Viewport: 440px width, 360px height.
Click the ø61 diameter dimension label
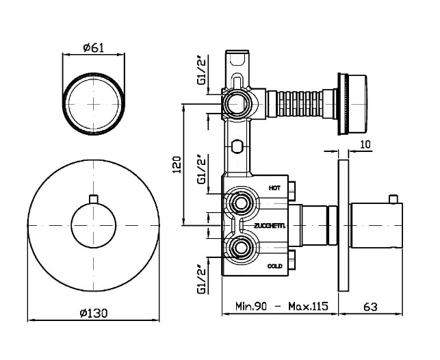[94, 48]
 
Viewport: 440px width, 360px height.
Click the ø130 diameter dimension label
[94, 313]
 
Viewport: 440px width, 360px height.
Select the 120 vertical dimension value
[177, 164]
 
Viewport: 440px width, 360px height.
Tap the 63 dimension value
[370, 307]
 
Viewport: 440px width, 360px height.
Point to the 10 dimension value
[365, 144]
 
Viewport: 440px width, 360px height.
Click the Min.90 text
[251, 306]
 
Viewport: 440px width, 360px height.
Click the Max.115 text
[308, 306]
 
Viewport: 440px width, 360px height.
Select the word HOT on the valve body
[274, 188]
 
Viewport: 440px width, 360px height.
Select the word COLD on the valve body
[274, 266]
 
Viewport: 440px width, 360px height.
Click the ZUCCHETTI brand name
[270, 226]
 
